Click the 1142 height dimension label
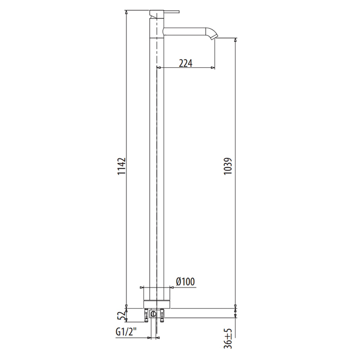pyautogui.click(x=122, y=166)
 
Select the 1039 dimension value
pyautogui.click(x=228, y=166)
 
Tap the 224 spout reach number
pyautogui.click(x=186, y=63)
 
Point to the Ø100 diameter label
pyautogui.click(x=186, y=281)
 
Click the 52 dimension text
pyautogui.click(x=122, y=316)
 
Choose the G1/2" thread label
pyautogui.click(x=126, y=332)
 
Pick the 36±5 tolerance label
pyautogui.click(x=228, y=338)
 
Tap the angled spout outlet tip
pyautogui.click(x=214, y=37)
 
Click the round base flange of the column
pyautogui.click(x=157, y=304)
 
